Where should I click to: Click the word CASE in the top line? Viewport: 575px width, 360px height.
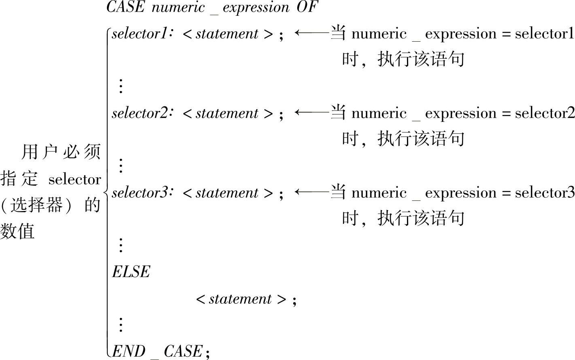click(x=125, y=7)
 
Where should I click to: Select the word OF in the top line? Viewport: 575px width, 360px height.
click(x=306, y=7)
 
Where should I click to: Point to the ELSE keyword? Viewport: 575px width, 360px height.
click(x=131, y=272)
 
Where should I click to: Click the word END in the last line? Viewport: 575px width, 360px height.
click(x=128, y=351)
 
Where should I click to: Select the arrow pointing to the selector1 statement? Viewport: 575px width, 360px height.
click(x=312, y=32)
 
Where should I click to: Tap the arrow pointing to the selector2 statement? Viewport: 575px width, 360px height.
click(x=312, y=112)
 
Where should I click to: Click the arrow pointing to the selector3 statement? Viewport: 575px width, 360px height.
click(x=312, y=192)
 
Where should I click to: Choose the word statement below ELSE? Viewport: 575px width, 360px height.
click(x=240, y=299)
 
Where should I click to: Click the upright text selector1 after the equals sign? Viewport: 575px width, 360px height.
click(x=545, y=34)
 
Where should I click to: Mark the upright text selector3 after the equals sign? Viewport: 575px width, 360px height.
click(x=545, y=193)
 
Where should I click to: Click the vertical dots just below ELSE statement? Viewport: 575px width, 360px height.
click(x=121, y=324)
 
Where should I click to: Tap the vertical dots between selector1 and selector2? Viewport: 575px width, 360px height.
click(x=121, y=86)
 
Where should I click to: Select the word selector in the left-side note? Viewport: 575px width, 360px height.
click(x=75, y=179)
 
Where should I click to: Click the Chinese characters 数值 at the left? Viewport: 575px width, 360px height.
click(x=17, y=232)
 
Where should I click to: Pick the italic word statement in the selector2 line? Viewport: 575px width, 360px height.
click(x=227, y=113)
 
